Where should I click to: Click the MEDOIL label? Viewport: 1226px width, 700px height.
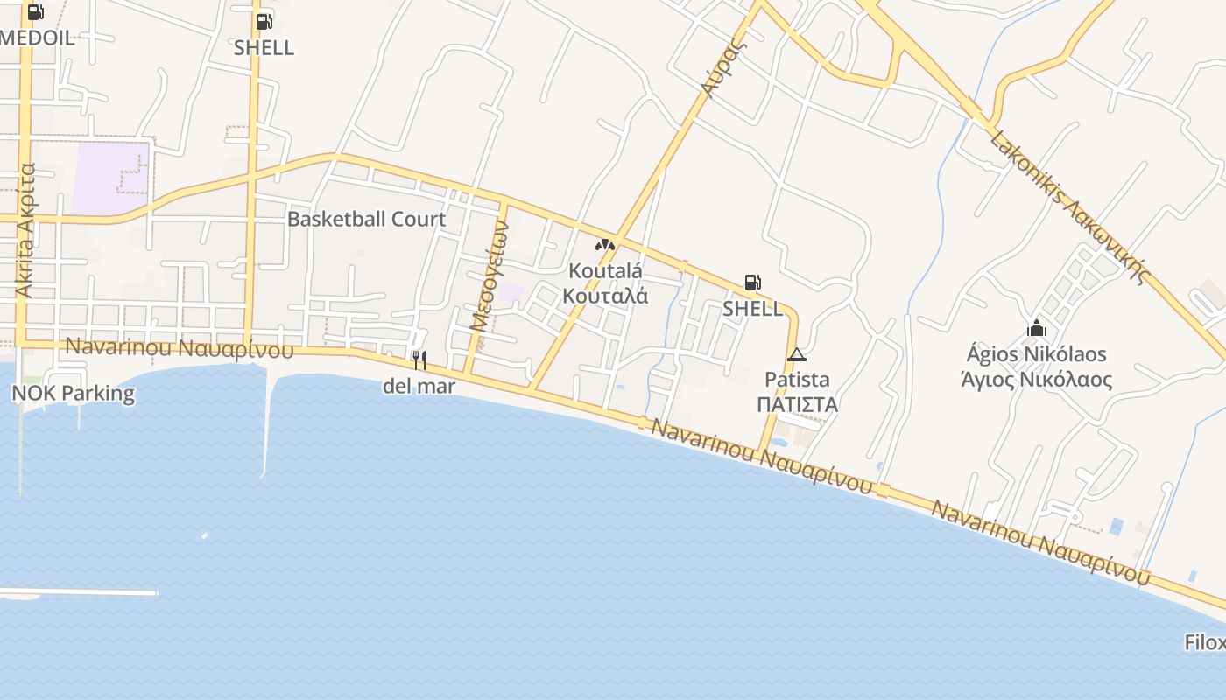point(37,38)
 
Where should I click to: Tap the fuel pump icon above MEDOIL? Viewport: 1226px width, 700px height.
point(35,12)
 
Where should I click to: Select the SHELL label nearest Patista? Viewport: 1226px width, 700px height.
point(752,308)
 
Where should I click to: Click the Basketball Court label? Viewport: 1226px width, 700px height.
point(366,219)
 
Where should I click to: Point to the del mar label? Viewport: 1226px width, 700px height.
point(419,386)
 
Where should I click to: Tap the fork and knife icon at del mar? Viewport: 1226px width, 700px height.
point(419,360)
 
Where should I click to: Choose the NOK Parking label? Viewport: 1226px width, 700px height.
point(73,393)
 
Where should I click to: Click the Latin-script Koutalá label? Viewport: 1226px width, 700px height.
point(605,270)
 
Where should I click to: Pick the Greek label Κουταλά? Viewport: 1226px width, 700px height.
point(605,295)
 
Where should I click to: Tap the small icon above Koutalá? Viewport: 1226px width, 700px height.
point(604,245)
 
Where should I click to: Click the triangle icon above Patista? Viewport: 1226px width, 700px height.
point(796,354)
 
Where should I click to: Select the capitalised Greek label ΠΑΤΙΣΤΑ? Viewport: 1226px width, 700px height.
point(797,404)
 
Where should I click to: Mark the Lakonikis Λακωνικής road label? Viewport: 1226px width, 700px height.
point(1068,207)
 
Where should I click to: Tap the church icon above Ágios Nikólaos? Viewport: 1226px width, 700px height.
point(1037,329)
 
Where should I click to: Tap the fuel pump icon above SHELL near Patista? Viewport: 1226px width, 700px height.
point(752,283)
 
